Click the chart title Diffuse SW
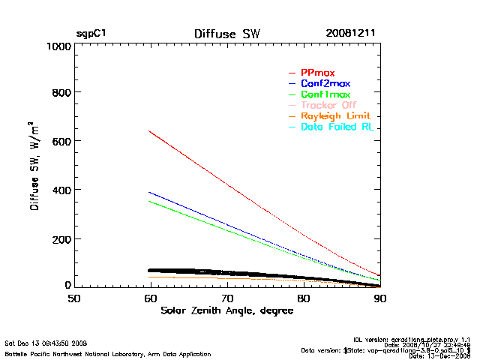pos(226,34)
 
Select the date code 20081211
pos(350,34)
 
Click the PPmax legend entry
pos(317,73)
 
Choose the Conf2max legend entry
pos(325,83)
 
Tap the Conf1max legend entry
pos(325,94)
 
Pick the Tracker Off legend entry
pos(328,105)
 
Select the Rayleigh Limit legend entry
pos(335,116)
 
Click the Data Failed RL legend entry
pos(337,127)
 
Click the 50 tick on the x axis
pos(74,298)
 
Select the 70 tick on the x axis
pos(226,298)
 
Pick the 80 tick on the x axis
pos(303,298)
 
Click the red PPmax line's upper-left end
pos(149,131)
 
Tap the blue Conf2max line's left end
pos(149,192)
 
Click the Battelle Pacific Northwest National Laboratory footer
pos(107,353)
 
